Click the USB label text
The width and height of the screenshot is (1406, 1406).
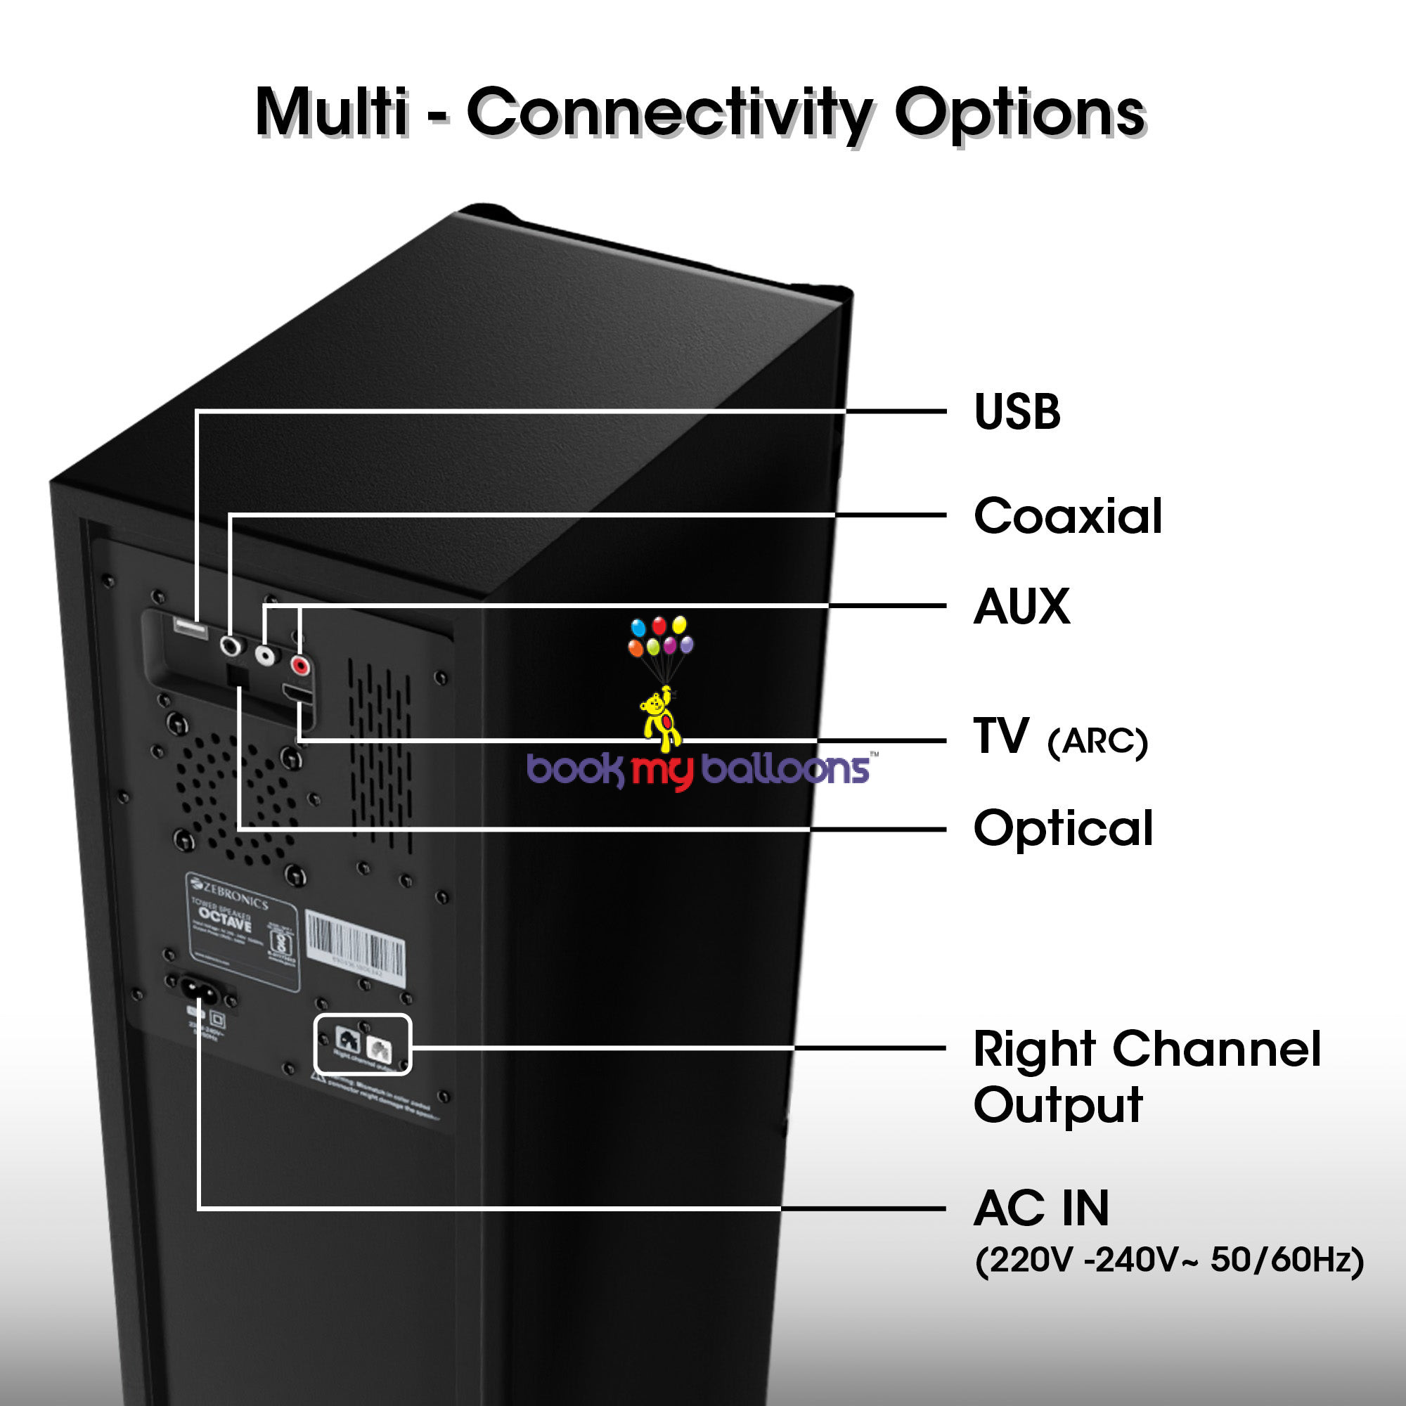click(1017, 412)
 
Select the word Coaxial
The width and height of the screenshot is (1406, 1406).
click(1068, 516)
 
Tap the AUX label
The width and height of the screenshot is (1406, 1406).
click(1021, 606)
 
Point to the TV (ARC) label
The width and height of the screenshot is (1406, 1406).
click(1059, 738)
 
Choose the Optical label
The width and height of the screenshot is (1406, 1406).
click(1063, 828)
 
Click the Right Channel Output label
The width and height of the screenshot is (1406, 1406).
click(1146, 1077)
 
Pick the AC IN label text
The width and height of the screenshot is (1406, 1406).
click(1041, 1208)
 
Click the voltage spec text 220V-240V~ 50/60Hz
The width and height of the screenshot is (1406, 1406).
click(1169, 1260)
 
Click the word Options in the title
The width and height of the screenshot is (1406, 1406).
click(1019, 115)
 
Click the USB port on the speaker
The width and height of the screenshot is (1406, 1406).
click(189, 627)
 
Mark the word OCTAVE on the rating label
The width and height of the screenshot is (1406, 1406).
click(225, 920)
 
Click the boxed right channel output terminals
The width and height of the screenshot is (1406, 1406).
click(363, 1045)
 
